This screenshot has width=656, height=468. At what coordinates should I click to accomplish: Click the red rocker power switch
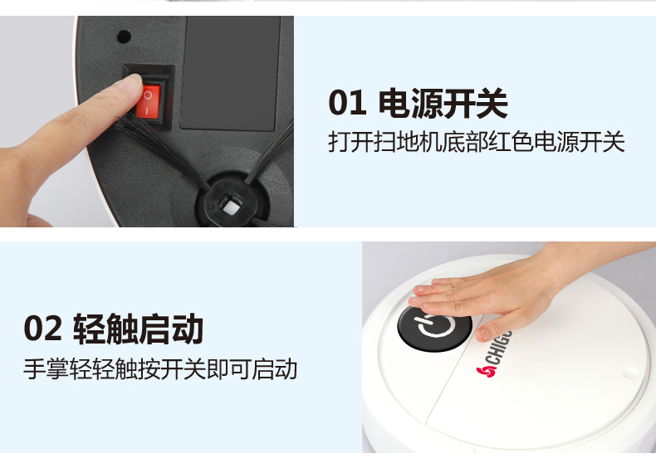[149, 101]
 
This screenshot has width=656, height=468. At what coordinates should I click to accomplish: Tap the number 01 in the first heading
[347, 103]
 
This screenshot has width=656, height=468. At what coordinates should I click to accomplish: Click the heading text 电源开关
[443, 103]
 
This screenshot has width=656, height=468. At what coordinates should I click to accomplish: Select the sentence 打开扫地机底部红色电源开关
[476, 142]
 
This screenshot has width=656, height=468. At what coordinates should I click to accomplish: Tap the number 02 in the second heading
[42, 329]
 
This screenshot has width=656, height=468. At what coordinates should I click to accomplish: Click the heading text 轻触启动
[139, 329]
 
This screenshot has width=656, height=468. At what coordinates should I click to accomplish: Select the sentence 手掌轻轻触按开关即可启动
[160, 368]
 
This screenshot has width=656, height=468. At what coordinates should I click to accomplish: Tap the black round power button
[434, 328]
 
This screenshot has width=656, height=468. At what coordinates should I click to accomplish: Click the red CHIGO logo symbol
[486, 371]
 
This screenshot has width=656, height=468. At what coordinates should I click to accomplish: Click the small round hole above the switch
[124, 37]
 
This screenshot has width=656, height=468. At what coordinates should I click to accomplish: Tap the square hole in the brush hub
[228, 206]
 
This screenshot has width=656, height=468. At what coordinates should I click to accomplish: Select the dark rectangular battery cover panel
[230, 73]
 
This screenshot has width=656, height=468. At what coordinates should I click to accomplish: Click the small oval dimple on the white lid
[630, 372]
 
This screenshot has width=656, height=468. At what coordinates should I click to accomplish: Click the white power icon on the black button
[433, 326]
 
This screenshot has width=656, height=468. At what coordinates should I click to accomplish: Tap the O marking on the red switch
[148, 95]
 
